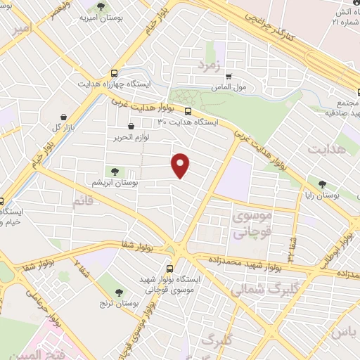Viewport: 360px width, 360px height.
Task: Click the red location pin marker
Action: (181, 165)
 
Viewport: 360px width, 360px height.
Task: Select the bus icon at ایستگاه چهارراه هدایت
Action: (114, 72)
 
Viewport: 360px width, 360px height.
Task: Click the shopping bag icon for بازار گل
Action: (65, 117)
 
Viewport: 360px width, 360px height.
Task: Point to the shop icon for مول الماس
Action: (228, 77)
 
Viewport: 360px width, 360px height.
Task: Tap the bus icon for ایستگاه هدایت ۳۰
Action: (188, 110)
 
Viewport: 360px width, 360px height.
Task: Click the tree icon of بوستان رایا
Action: (322, 184)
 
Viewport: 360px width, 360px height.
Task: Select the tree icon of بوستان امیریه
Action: (101, 6)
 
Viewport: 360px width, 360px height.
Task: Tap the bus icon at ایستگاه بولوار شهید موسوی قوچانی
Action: (169, 268)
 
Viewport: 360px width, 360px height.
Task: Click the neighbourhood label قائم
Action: (82, 202)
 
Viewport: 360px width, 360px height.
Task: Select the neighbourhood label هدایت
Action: (327, 149)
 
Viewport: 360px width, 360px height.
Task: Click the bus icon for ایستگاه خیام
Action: (1, 200)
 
